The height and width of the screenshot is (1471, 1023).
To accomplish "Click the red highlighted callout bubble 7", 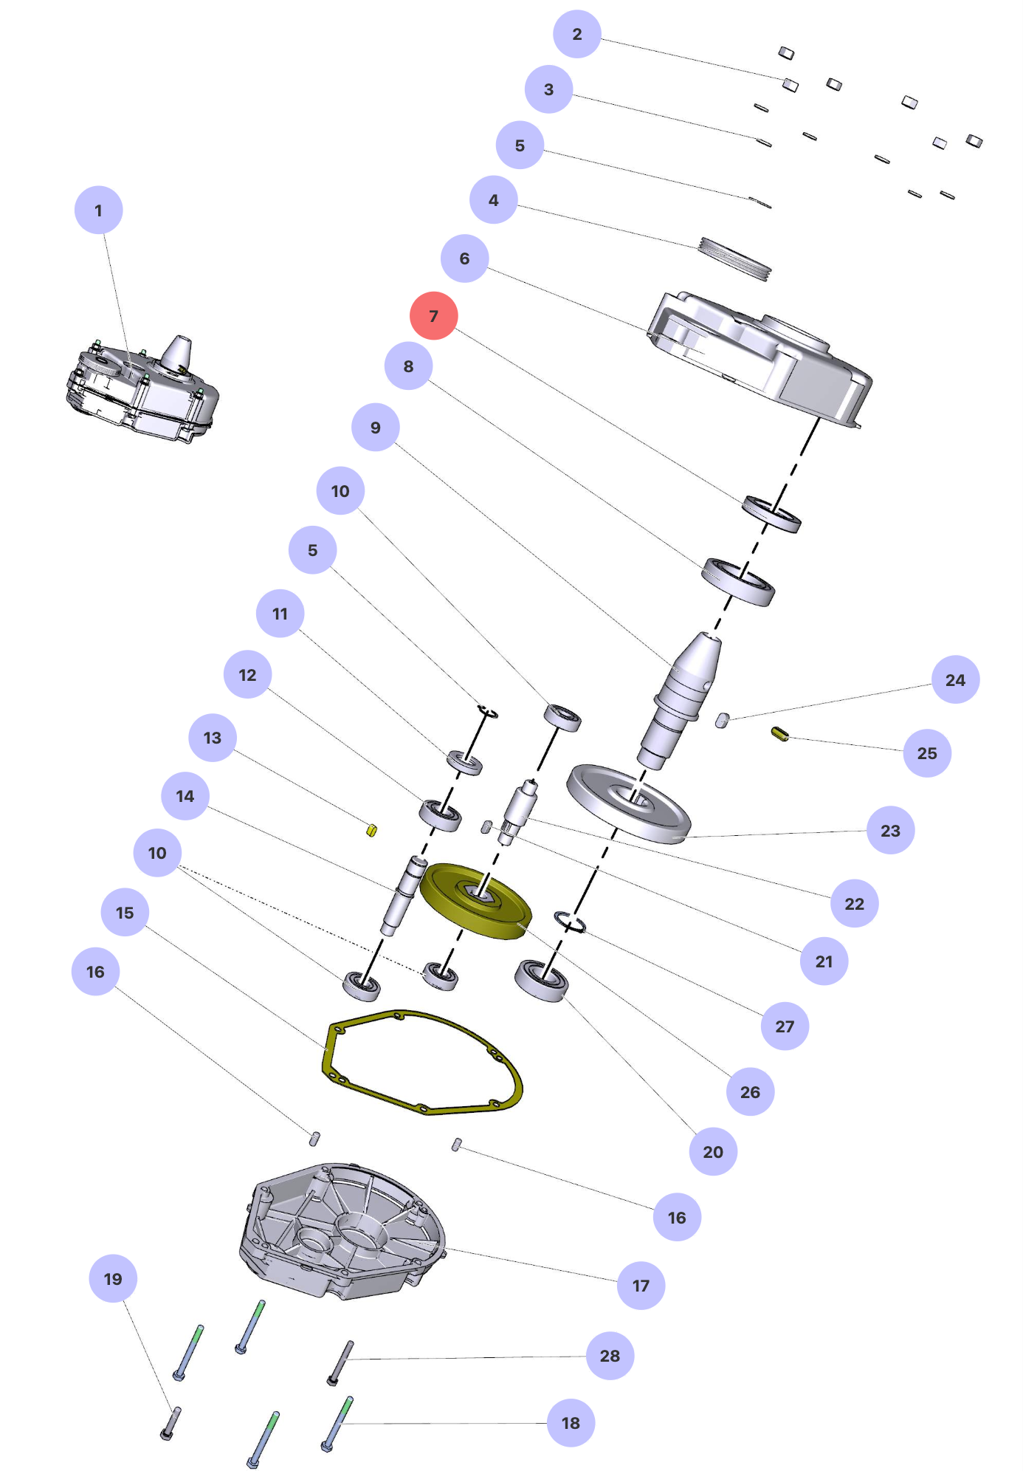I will click(x=433, y=316).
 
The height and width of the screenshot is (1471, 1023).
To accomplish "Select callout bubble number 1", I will click(x=98, y=210).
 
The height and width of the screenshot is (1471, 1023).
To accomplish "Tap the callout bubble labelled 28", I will click(x=610, y=1356).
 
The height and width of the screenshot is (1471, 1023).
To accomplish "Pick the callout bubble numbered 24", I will click(x=955, y=680).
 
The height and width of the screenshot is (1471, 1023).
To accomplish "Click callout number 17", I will click(x=641, y=1286).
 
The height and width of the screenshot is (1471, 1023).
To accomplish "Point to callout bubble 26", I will click(x=750, y=1092).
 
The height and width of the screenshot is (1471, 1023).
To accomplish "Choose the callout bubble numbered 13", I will click(x=212, y=738).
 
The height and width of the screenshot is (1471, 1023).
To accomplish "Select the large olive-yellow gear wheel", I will click(x=475, y=901).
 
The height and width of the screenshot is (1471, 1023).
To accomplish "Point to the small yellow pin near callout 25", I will click(x=780, y=734).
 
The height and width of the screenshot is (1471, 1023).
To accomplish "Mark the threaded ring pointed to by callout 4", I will click(x=734, y=258).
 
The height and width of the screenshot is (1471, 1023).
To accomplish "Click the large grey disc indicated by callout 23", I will click(x=628, y=803).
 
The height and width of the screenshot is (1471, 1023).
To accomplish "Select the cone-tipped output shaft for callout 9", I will click(x=683, y=698).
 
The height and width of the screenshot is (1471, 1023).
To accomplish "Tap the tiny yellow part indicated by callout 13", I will click(x=371, y=830).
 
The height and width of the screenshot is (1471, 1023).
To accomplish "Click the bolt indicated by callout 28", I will click(x=340, y=1363).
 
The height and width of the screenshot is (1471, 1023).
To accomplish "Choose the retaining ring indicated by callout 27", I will click(x=570, y=922).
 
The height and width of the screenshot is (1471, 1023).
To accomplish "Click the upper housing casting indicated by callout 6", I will click(x=760, y=354).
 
